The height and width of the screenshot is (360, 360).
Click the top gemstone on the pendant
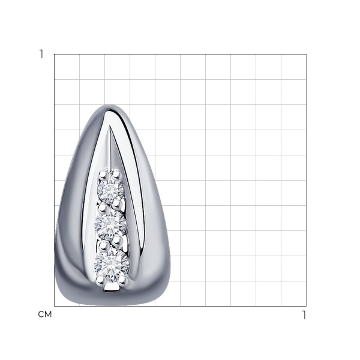click(x=110, y=189)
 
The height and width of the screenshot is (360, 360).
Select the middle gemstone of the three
click(x=110, y=223)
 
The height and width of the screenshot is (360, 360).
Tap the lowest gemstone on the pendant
click(x=112, y=263)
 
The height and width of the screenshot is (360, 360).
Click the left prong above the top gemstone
click(x=103, y=176)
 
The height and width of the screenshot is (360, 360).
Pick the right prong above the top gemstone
click(x=116, y=175)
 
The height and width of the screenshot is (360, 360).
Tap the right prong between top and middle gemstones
click(x=116, y=204)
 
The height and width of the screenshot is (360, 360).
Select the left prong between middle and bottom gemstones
click(x=104, y=247)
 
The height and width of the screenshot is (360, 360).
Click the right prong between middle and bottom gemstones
click(x=118, y=241)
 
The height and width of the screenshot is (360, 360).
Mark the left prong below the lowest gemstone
click(x=100, y=280)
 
